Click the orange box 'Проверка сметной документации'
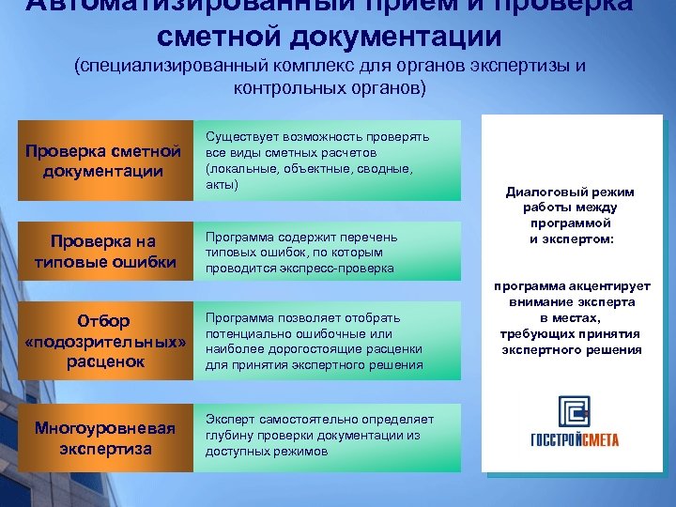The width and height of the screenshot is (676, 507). [103, 161]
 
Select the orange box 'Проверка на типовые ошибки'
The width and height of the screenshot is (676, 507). [103, 252]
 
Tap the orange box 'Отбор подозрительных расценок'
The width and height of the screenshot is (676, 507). [103, 341]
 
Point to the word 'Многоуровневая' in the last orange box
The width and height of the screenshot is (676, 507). [104, 428]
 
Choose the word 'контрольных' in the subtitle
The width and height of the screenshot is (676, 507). [276, 89]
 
